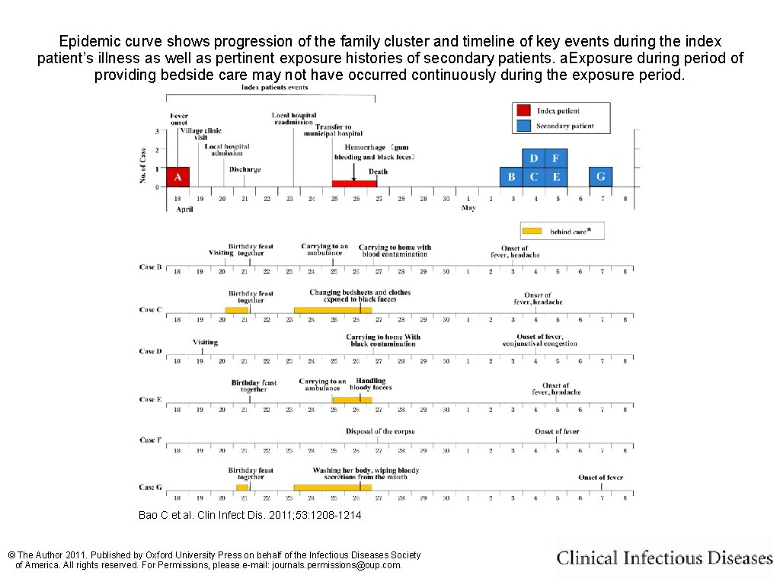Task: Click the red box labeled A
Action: tap(177, 177)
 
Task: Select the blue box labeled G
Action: tap(600, 177)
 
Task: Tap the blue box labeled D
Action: tap(534, 158)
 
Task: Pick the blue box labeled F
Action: tap(556, 158)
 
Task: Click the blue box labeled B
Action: tap(511, 177)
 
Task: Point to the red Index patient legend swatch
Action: tap(523, 110)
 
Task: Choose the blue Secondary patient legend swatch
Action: tap(523, 126)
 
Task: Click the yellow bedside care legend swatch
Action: tap(532, 231)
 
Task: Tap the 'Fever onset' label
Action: tap(179, 120)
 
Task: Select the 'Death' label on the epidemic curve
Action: tap(378, 171)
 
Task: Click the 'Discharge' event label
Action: tap(245, 170)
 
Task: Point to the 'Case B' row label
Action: tap(150, 267)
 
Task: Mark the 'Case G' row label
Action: tap(150, 487)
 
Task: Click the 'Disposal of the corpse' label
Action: tap(380, 432)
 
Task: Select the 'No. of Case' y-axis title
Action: tap(142, 165)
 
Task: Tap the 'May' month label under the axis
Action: tap(468, 208)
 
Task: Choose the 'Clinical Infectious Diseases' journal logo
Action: tap(664, 558)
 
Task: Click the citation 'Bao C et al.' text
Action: tap(250, 516)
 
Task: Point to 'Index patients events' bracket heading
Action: tap(274, 88)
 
